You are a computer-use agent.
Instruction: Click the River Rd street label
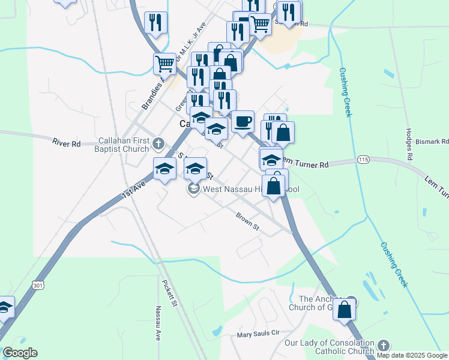pos(67,143)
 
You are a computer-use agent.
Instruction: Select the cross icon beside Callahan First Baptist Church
pos(158,143)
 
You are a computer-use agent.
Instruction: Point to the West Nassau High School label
pos(250,190)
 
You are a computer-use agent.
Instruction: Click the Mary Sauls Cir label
pos(258,334)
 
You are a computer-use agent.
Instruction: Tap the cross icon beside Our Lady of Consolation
pos(383,346)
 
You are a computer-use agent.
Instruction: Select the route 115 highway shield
pos(363,160)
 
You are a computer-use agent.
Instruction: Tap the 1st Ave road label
pos(134,190)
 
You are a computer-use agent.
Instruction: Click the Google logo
pos(20,353)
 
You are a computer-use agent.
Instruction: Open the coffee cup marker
pos(243,122)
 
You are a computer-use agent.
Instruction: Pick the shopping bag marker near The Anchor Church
pos(345,310)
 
